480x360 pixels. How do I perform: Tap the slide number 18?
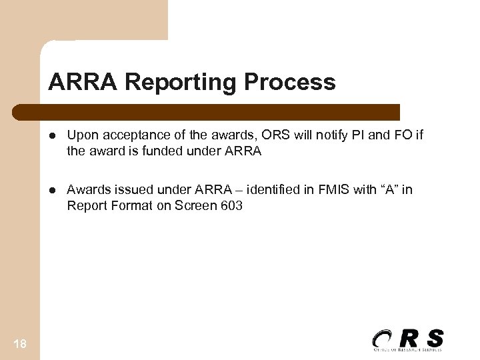pyautogui.click(x=21, y=342)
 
